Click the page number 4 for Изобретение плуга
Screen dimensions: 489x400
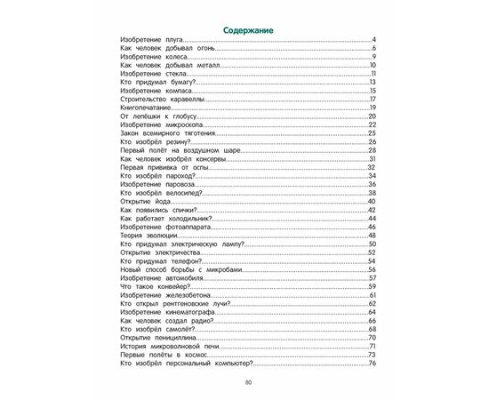[375, 41]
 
